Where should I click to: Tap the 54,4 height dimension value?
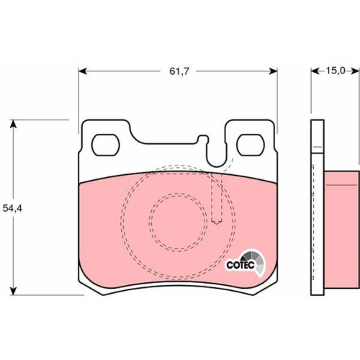click(12, 208)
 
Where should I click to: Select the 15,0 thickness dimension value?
click(336, 71)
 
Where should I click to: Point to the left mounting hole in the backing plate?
click(106, 145)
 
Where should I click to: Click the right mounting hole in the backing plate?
click(251, 145)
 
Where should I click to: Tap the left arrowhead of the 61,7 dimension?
click(82, 71)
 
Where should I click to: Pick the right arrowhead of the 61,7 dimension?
click(274, 71)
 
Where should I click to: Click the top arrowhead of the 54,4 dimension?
click(14, 124)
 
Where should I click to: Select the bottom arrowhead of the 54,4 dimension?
click(14, 291)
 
